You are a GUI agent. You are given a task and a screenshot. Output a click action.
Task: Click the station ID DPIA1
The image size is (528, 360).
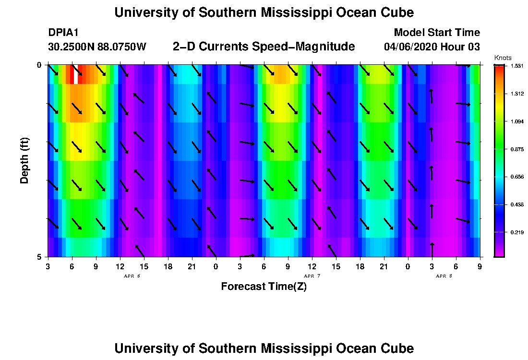pos(63,33)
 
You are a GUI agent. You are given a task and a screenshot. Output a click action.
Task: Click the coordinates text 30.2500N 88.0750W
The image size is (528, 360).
pos(97,47)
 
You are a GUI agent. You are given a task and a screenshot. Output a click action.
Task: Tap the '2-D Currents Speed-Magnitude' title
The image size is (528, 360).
pos(264,47)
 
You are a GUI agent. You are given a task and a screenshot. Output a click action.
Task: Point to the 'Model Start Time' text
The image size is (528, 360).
pos(437,33)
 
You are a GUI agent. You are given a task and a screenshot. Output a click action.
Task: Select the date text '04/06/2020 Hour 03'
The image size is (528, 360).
pos(432,47)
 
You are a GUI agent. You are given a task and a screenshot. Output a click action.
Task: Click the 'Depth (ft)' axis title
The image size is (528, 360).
pos(24,160)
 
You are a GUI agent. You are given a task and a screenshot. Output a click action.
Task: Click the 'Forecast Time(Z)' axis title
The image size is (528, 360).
pos(264,287)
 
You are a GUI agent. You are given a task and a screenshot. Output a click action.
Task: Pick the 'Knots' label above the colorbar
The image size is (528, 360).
pos(499,58)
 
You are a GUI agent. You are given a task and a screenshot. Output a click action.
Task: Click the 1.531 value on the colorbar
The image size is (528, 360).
pos(516,66)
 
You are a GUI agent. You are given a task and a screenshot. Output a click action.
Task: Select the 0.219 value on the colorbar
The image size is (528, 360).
pos(516,232)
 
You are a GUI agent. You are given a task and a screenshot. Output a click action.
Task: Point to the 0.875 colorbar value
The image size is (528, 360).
pos(516,149)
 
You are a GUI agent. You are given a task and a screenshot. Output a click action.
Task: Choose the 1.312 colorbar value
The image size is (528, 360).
pos(516,94)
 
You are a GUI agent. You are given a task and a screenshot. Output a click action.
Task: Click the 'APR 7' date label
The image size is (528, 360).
pos(312,276)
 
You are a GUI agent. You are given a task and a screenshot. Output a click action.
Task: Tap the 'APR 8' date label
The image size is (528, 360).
pos(444,276)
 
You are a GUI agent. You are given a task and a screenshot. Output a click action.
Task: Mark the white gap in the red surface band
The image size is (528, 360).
pos(76,74)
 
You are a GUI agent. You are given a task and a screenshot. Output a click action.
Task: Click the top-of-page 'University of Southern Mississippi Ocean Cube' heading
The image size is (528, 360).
pos(264,12)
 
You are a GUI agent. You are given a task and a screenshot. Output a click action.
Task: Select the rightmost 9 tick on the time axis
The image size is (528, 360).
pos(480,266)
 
